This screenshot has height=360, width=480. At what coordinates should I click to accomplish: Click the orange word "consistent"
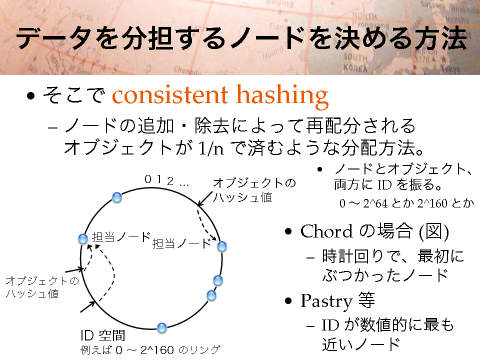click(x=170, y=95)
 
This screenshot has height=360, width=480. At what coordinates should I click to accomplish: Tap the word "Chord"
click(x=326, y=231)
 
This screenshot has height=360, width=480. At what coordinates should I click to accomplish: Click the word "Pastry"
click(x=326, y=300)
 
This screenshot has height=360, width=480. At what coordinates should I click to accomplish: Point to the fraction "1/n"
click(x=211, y=148)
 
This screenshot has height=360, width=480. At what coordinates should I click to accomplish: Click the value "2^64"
click(x=375, y=203)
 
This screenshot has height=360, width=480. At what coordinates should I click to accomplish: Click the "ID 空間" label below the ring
click(x=103, y=335)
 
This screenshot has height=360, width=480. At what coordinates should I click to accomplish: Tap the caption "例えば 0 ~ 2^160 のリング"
click(x=150, y=349)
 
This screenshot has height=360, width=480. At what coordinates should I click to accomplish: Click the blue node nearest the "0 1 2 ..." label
click(x=117, y=197)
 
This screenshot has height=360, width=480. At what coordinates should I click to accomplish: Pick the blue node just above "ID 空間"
click(x=162, y=328)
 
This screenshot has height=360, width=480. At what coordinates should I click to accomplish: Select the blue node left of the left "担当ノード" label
click(x=83, y=239)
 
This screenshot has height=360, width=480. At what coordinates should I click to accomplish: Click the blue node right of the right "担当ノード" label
click(x=222, y=246)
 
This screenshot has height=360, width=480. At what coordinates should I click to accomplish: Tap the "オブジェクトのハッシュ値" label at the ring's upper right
click(x=254, y=190)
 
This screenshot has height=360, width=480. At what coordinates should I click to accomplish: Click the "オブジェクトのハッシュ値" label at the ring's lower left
click(x=42, y=287)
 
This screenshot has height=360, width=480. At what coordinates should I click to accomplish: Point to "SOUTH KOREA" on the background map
click(x=355, y=62)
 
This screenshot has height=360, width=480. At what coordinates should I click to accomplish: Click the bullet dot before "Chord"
click(x=288, y=231)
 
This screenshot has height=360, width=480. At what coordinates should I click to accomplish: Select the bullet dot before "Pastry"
click(x=288, y=301)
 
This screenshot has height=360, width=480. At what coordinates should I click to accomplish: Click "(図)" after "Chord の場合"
click(x=434, y=231)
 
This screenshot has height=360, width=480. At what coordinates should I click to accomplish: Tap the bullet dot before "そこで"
click(x=30, y=96)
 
